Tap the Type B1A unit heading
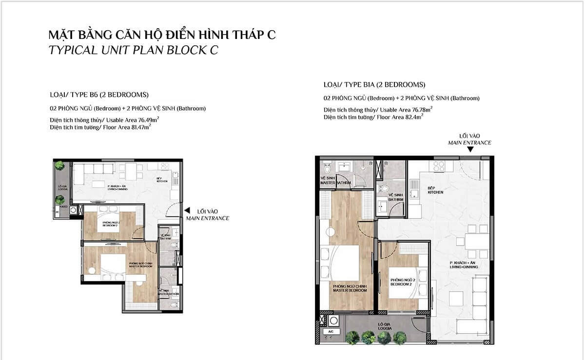pos(374,84)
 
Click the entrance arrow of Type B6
pos(187,210)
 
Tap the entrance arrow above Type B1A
pos(469,151)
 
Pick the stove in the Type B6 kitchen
pos(164,167)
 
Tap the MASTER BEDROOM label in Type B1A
pos(350,288)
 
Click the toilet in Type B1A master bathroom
pos(327,169)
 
